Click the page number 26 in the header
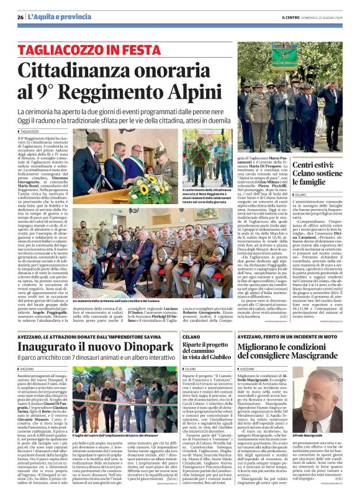(x=20, y=17)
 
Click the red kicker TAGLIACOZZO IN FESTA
(x=92, y=49)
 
